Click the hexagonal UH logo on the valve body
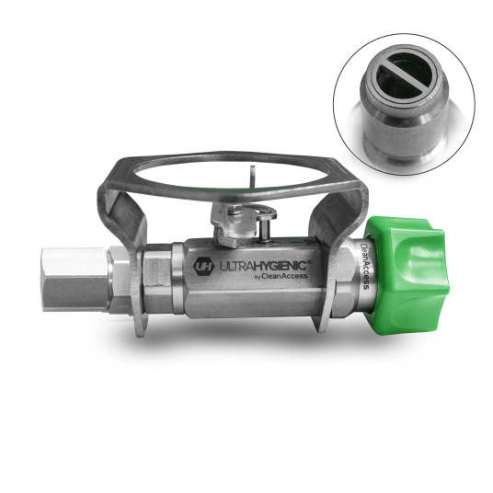point(202,267)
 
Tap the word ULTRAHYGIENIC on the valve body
point(263,266)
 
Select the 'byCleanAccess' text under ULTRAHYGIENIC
point(281,276)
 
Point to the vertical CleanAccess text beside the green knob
point(365,265)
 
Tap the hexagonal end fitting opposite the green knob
point(75,280)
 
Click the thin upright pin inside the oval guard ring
point(252,177)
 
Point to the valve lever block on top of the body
point(235,224)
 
